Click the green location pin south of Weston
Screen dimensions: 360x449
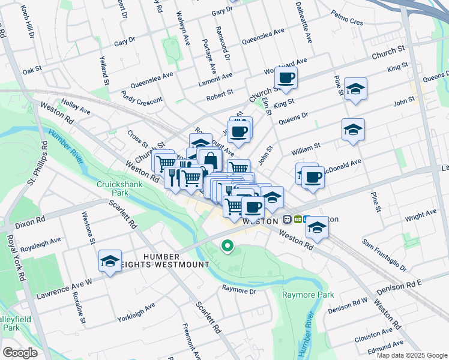(228, 246)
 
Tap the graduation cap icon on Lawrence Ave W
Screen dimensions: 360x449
(110, 261)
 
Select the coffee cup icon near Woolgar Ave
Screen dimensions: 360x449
(286, 77)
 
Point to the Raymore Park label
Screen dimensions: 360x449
(308, 295)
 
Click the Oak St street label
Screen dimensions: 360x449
(32, 70)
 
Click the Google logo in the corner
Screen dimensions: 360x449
(20, 353)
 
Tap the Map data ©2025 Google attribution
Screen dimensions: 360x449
(411, 355)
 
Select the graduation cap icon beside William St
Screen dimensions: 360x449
(353, 130)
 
